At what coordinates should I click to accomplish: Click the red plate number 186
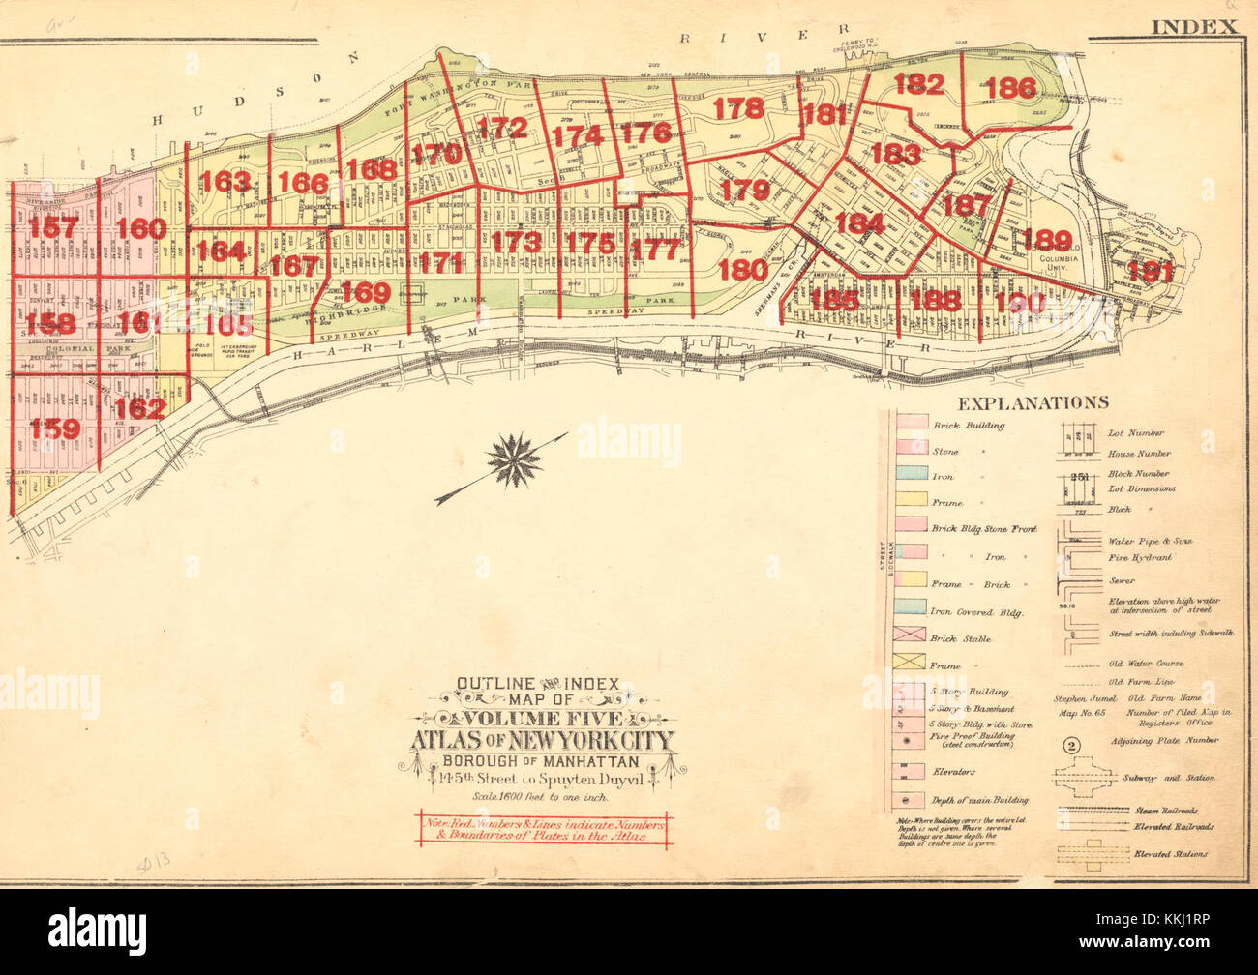(x=1013, y=89)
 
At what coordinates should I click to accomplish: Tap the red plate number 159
(x=54, y=428)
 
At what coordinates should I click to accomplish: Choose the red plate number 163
(x=226, y=182)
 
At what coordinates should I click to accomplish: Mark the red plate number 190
(x=1020, y=302)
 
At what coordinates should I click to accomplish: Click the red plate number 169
(x=366, y=292)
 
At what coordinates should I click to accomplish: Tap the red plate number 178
(x=738, y=108)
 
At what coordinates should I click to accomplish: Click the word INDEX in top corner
(x=1194, y=26)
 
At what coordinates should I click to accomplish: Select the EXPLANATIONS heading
(x=1033, y=402)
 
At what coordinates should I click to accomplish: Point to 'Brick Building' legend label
(x=967, y=426)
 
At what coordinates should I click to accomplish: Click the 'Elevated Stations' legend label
(x=1146, y=854)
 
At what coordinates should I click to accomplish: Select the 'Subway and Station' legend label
(x=1149, y=778)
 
